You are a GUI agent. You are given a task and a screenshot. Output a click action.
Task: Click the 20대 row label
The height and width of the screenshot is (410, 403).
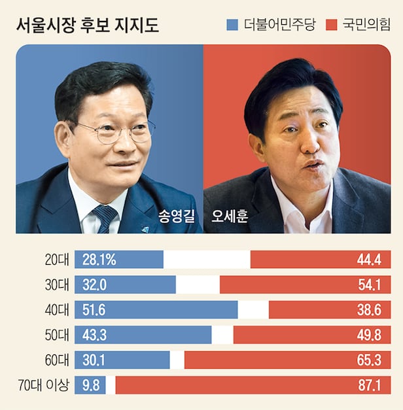pos(55,260)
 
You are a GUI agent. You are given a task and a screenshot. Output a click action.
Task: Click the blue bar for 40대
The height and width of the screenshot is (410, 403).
pos(157,310)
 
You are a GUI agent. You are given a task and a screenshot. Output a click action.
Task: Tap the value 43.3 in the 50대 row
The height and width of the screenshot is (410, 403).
pos(96,335)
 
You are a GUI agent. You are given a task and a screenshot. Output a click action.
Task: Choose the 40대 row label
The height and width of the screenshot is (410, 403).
pos(55,310)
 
